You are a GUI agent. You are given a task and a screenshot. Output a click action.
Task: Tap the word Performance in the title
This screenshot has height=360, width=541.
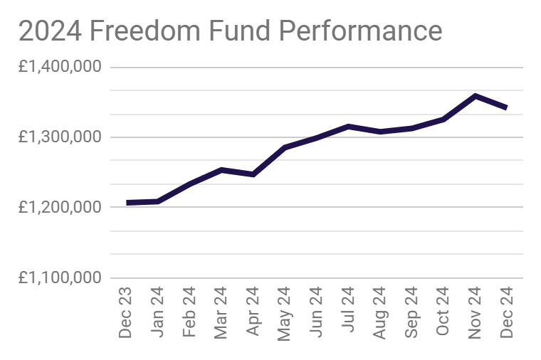coord(360,31)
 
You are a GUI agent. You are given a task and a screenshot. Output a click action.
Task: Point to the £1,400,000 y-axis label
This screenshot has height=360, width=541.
coord(61,67)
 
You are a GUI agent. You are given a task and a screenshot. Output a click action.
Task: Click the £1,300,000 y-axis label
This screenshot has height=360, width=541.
coord(61,137)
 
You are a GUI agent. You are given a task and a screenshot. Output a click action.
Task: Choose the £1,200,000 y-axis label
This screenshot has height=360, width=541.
coord(61,207)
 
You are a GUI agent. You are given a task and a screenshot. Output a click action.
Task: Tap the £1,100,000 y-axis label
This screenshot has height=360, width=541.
coord(61,277)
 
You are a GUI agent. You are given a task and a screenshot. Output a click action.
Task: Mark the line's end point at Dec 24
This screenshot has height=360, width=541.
coord(506,108)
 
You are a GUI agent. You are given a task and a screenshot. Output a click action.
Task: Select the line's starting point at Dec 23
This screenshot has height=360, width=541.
coord(128,203)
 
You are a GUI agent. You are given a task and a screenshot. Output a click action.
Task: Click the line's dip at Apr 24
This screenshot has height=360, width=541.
coord(253,174)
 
